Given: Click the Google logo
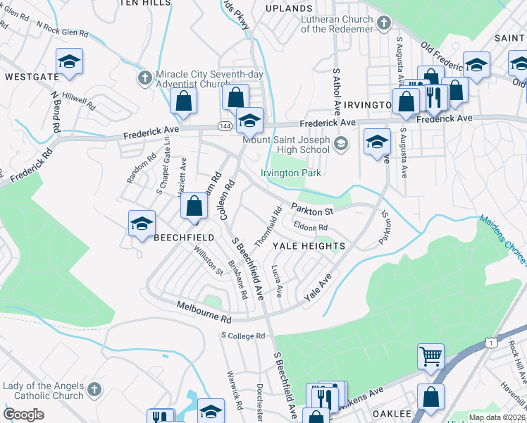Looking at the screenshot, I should point(24,414).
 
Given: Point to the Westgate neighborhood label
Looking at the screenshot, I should point(30,75).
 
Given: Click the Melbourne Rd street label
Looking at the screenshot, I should point(204,318).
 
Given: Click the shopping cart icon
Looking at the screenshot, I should point(430,355).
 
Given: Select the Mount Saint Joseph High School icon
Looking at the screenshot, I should point(341,145).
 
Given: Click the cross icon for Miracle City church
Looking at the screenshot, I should point(144,76).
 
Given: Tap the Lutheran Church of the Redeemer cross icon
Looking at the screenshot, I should point(383,23).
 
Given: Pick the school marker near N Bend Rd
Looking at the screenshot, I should point(69,61).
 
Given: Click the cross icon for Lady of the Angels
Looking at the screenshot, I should point(92,390).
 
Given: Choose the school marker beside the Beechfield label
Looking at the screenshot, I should point(142,223).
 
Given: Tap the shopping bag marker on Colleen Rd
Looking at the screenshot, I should point(194,207).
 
